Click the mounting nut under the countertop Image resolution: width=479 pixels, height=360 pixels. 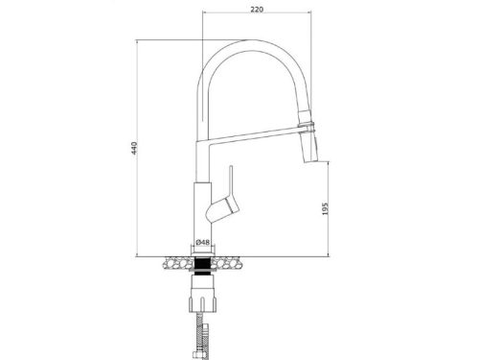(x=203, y=285)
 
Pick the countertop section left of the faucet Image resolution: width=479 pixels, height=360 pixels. (x=175, y=259)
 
